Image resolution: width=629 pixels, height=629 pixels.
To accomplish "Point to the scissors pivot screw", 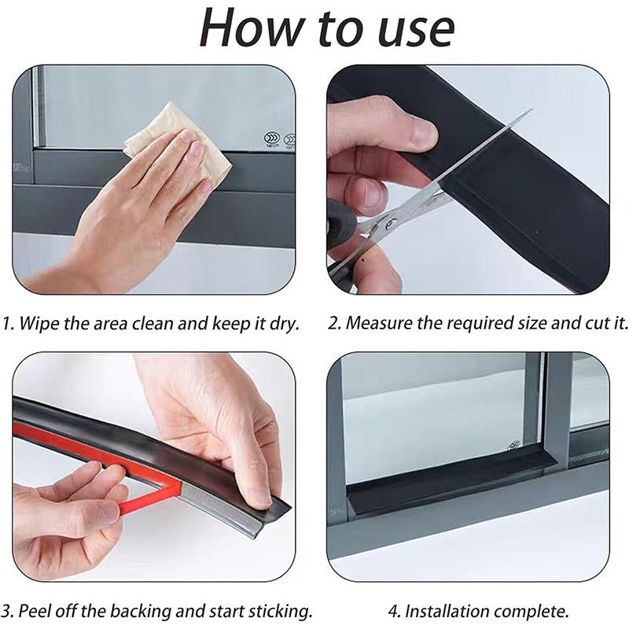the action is [x=390, y=224].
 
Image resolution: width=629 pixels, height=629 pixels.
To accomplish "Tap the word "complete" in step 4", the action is [x=529, y=612].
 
